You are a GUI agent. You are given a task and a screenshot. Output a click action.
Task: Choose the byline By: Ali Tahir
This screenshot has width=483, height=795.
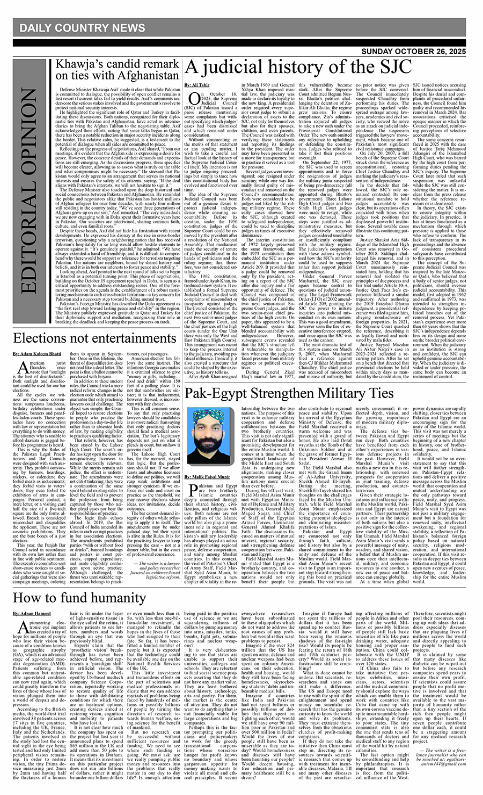pyautogui.click(x=197, y=85)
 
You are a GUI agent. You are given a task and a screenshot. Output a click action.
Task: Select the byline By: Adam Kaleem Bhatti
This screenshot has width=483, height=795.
pyautogui.click(x=38, y=355)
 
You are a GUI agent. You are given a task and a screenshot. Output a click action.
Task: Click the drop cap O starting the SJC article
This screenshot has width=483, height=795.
pyautogui.click(x=193, y=101)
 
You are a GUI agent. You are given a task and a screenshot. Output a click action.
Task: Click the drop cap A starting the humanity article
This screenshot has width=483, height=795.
pyautogui.click(x=22, y=629)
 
